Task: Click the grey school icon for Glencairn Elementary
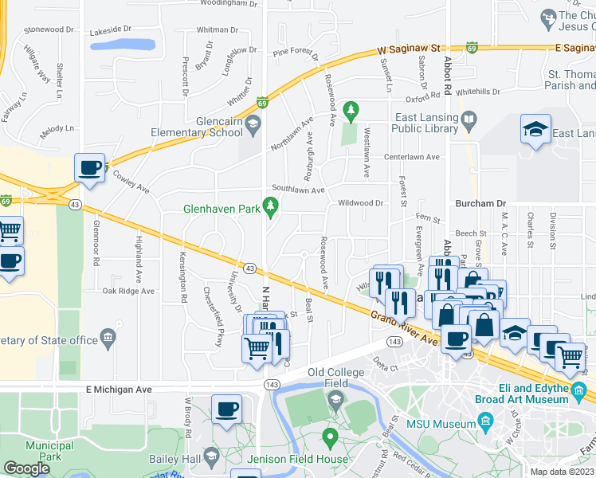pos(253,122)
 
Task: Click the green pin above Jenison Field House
pos(330,437)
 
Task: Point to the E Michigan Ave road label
pos(119,390)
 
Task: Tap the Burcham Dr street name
pos(475,203)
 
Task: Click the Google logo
pos(26,468)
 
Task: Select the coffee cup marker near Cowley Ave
pos(89,168)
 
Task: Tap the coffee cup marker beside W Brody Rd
pos(226,409)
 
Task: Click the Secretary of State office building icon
pos(107,340)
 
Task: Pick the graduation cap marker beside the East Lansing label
pos(535,129)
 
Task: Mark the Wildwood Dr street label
pos(361,203)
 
